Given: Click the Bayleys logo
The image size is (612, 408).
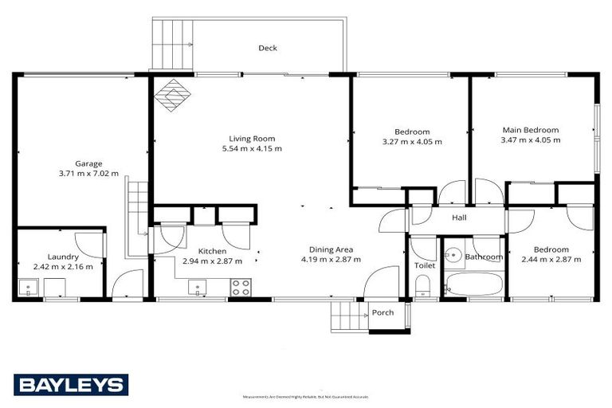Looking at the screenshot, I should [x=70, y=385].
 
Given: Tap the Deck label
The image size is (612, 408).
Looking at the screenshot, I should [x=268, y=49].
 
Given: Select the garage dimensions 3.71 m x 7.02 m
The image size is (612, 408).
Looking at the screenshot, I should [x=88, y=173].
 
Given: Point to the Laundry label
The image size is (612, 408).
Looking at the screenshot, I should [x=63, y=257].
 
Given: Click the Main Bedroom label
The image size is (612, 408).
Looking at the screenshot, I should [x=530, y=130].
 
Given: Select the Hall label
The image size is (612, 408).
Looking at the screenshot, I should [x=458, y=218].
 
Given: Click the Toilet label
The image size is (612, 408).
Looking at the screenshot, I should [x=423, y=265].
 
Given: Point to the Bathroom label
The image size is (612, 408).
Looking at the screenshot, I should [x=484, y=257].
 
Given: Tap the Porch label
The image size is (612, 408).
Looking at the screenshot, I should [x=382, y=312].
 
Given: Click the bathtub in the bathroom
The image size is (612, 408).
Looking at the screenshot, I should [x=473, y=284].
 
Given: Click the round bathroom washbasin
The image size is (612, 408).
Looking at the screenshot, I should [x=453, y=256].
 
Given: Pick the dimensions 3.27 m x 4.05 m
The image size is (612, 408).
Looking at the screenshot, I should [x=412, y=141].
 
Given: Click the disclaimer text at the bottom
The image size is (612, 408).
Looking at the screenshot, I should [x=306, y=396].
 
